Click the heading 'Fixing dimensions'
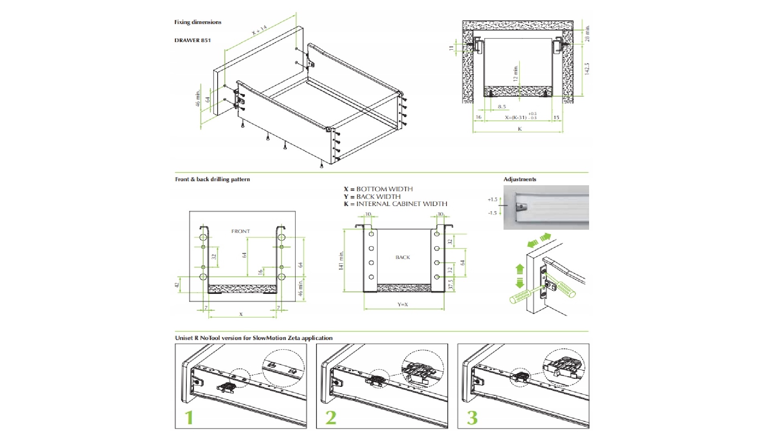[198, 22]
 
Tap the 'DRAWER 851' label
[192, 40]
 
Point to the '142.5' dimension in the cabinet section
[587, 69]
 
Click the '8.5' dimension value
[502, 107]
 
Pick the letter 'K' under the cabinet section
[520, 129]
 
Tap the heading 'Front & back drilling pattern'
[212, 179]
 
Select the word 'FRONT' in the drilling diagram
[241, 231]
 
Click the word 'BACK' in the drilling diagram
[402, 257]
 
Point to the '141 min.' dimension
[342, 261]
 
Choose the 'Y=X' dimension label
[402, 305]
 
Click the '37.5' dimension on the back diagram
[451, 285]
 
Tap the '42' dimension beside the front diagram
[177, 285]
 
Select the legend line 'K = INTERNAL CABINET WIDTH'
[395, 204]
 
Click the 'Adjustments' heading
[520, 179]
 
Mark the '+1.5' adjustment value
[492, 199]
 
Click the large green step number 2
[330, 417]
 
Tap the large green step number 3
[472, 417]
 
